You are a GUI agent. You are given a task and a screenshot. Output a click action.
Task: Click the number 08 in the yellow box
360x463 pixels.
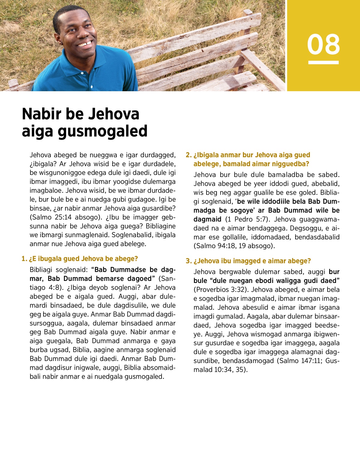pos(323,44)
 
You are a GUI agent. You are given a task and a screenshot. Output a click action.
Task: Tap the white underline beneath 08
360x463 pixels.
pos(323,62)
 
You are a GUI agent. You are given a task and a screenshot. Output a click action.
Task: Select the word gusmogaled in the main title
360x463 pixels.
pos(102,131)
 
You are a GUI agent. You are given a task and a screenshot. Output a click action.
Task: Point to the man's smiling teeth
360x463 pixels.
pos(85,44)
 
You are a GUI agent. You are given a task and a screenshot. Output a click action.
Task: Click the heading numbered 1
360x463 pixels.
pos(80,259)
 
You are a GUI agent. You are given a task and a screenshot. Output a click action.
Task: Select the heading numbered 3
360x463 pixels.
pos(248,261)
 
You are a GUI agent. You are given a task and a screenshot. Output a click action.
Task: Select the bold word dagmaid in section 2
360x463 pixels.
pos(207,219)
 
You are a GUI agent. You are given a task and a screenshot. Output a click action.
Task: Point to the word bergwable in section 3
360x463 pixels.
pos(235,272)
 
